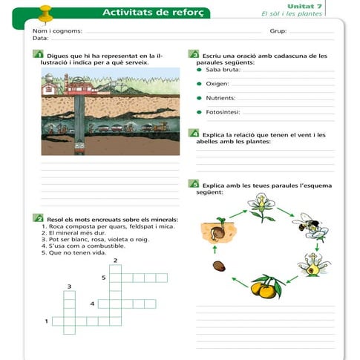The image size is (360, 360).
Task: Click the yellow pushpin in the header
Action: click(46, 15)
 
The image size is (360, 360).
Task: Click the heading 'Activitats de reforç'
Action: click(153, 13)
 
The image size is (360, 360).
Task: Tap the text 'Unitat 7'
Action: click(304, 6)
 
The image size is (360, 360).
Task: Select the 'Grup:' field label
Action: click(278, 31)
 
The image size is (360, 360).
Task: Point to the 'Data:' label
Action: click(41, 38)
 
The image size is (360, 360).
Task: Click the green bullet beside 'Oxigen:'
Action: click(199, 84)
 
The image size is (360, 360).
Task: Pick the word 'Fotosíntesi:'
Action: click(223, 112)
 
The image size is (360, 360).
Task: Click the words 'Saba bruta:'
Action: click(223, 70)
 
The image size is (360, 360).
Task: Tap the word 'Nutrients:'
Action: click(220, 98)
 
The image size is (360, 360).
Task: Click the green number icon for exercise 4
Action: click(194, 133)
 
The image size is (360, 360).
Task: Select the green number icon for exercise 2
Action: click(38, 217)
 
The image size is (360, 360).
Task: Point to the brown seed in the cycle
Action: click(219, 266)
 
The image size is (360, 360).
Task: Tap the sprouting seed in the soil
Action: click(218, 230)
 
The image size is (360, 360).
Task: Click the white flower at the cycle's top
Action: click(262, 207)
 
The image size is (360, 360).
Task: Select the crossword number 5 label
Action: click(104, 278)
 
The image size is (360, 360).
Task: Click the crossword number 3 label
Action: click(69, 287)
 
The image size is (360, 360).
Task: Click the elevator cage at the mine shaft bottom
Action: click(79, 148)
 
